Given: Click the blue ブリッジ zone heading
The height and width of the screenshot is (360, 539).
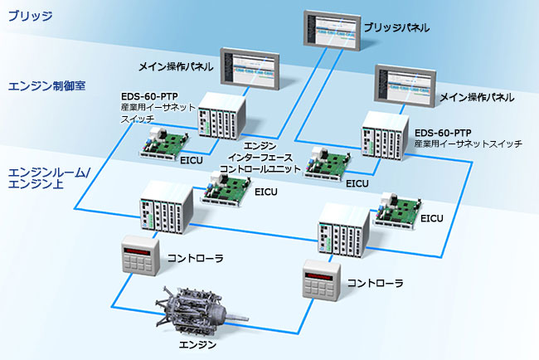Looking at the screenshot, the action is coord(30,16).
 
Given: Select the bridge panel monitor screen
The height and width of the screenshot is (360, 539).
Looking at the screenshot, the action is coord(333,31).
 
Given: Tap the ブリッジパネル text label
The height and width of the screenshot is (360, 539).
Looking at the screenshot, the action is coord(396,27).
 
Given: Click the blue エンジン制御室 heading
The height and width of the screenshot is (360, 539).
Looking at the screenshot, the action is coord(46,85).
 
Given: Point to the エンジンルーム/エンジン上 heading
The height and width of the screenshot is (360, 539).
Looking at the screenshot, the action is coord(48,178).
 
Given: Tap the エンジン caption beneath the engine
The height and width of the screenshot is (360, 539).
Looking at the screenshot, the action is coord(197,344).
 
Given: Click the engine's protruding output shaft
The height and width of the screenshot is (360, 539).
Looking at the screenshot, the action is coord(236,318).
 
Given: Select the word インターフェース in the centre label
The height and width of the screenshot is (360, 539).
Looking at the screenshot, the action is coord(260,158).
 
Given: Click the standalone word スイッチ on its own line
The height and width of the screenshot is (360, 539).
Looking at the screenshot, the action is coord(137,119).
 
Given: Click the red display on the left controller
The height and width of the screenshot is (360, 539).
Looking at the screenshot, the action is coord(137,251).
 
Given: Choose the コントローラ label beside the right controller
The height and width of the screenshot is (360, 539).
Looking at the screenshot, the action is coord(375,283).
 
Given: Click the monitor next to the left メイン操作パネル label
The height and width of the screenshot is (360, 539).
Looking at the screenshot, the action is coord(250,68).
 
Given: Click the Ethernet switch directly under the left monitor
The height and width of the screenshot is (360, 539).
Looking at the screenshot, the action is coord(221,116).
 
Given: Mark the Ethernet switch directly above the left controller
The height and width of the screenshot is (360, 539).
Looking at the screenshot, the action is coord(166,207).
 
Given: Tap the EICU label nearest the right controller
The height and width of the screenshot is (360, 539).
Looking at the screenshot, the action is coord(432,218).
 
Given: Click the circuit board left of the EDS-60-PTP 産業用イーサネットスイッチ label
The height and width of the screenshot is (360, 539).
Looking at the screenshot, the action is coord(328,163).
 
